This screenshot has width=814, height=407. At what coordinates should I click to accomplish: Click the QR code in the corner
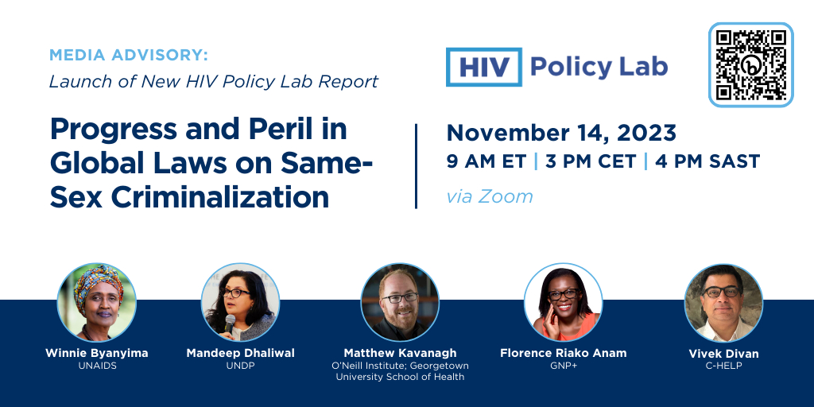[x=750, y=65]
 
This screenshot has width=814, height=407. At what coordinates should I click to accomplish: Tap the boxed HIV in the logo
[x=484, y=67]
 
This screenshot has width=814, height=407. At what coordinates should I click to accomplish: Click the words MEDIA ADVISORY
[x=129, y=55]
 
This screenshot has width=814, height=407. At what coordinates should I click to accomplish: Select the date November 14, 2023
[x=561, y=133]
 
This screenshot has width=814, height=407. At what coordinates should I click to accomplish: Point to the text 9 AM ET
[x=486, y=161]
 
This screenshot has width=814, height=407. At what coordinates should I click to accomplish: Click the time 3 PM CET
[x=591, y=161]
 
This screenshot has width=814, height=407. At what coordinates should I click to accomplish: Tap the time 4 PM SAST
[x=707, y=161]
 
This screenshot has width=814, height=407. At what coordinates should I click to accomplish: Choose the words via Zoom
[x=490, y=197]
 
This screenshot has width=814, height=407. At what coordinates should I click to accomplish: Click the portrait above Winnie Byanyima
[x=97, y=302]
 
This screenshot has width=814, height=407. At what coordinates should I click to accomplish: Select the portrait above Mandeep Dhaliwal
[x=240, y=302]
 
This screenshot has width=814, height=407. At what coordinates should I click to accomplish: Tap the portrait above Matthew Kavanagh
[x=401, y=302]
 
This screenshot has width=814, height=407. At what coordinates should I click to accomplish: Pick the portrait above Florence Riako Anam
[x=564, y=302]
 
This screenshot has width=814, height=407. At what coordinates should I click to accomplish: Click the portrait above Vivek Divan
[x=723, y=303]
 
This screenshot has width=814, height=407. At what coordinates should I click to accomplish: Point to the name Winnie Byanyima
[x=97, y=353]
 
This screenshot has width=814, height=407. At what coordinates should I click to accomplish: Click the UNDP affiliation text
[x=240, y=366]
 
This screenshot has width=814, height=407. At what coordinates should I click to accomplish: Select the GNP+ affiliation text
[x=564, y=366]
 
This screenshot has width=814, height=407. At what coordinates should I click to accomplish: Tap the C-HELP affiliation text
[x=723, y=366]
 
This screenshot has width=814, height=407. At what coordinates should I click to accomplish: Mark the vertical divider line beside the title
[x=417, y=166]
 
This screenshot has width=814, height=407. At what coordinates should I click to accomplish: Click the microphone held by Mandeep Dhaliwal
[x=229, y=322]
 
